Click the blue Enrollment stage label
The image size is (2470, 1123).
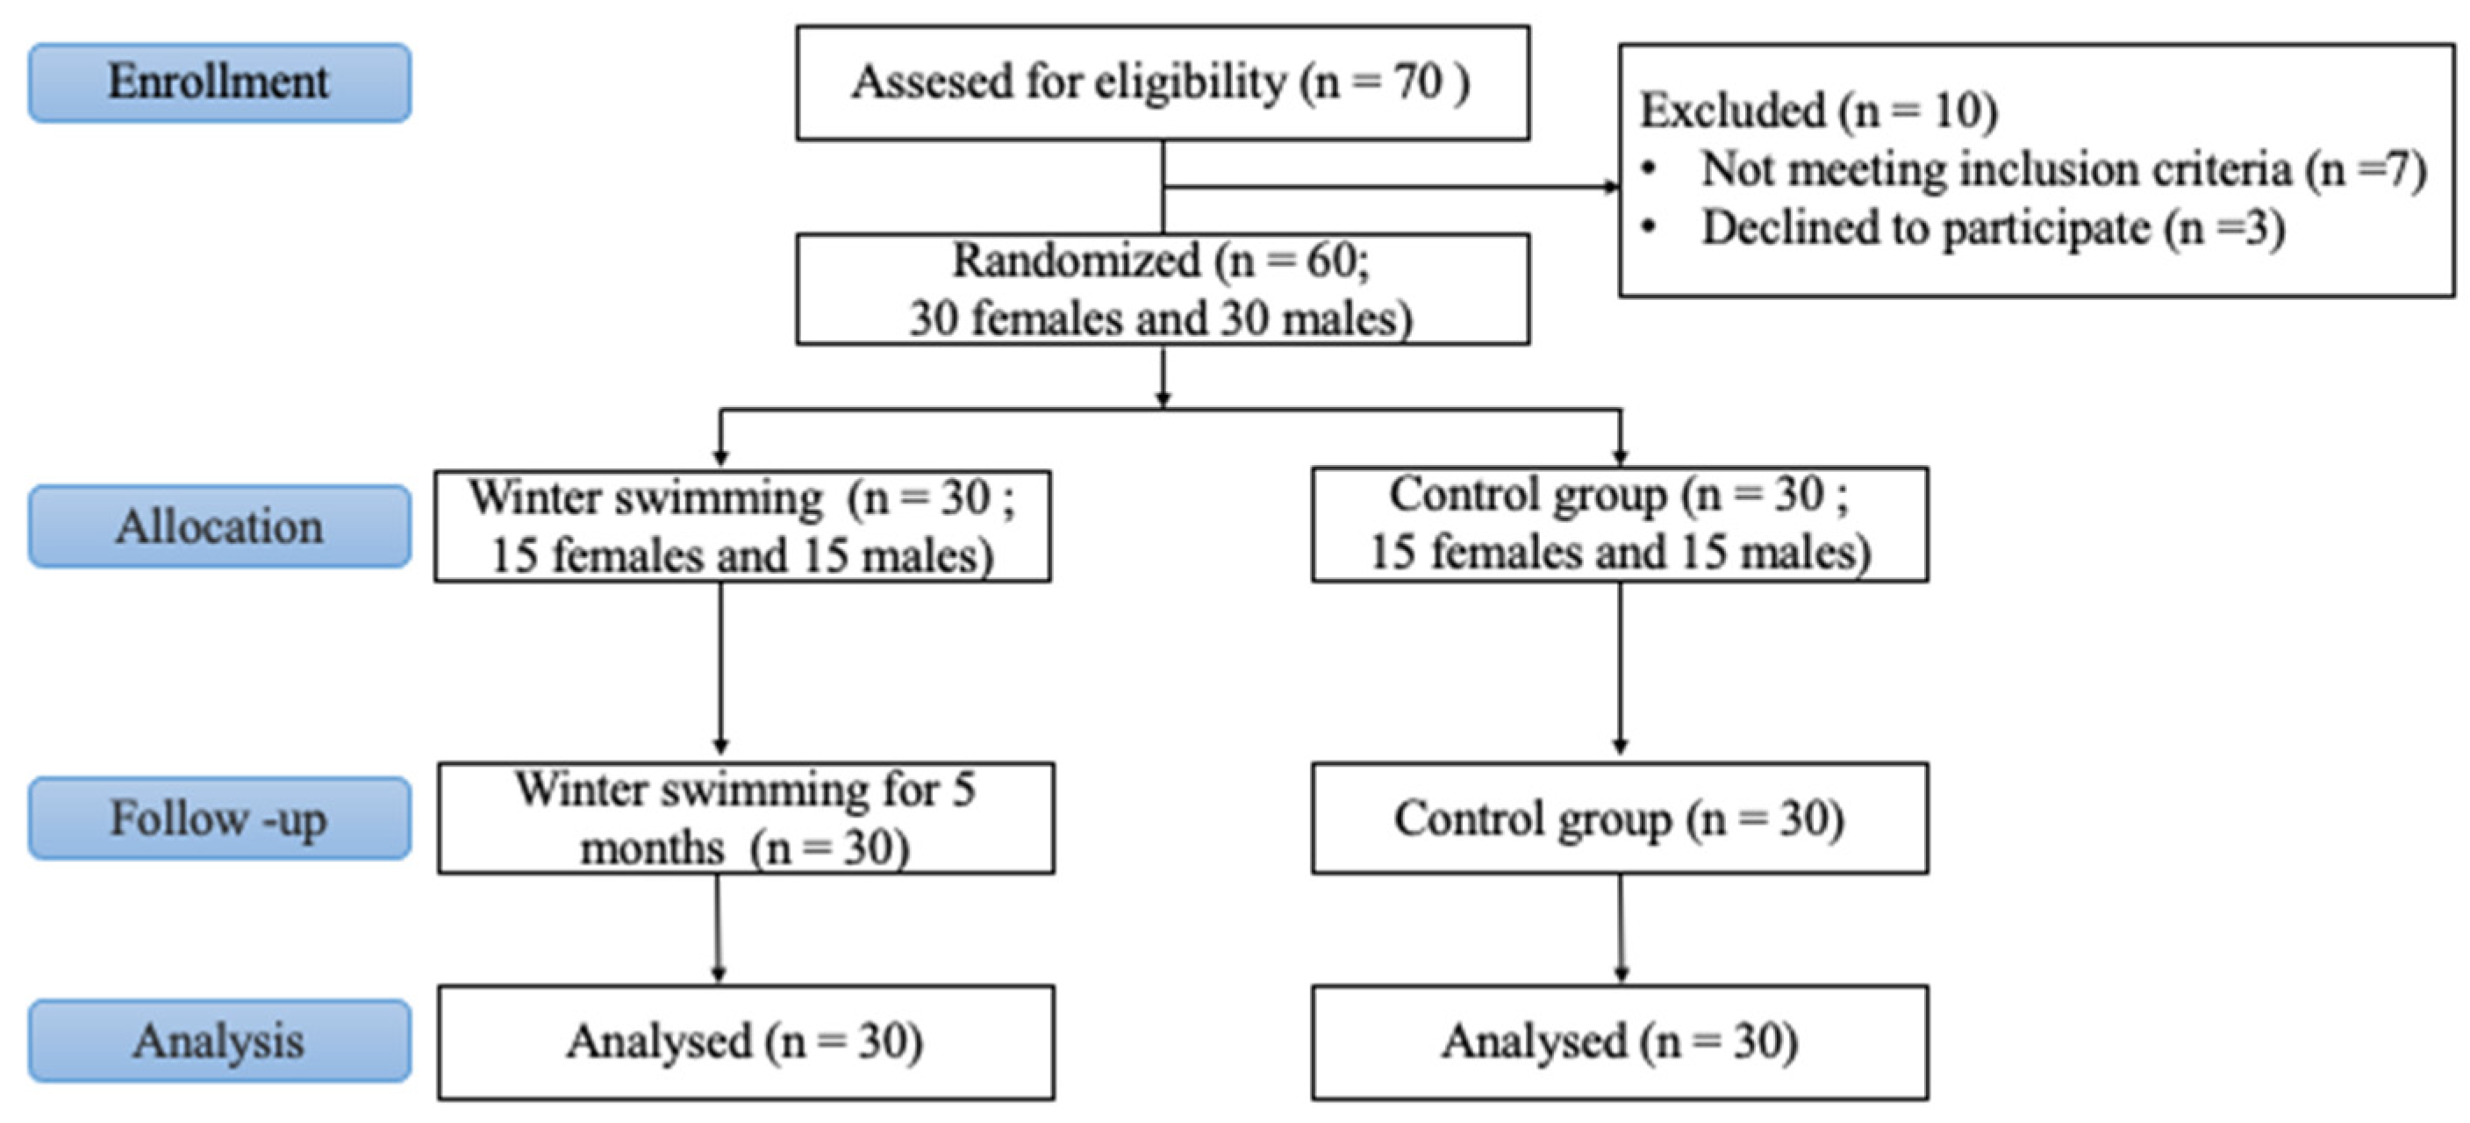click(219, 82)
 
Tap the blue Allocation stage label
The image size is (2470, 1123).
click(219, 526)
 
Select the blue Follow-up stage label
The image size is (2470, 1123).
click(219, 818)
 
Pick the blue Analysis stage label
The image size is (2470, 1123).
click(219, 1041)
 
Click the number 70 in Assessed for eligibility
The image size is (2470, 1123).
click(1417, 82)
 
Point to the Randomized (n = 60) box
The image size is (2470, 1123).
click(1162, 289)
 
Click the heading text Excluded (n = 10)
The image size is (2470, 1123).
click(1818, 111)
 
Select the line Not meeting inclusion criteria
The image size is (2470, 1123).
click(2061, 169)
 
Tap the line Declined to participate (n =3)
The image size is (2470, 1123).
click(1993, 228)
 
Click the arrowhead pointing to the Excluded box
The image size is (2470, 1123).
click(1611, 187)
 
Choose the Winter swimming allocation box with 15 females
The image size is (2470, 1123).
click(742, 526)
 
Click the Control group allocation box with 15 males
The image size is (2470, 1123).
click(1620, 524)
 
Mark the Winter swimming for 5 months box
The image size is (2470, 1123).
click(745, 818)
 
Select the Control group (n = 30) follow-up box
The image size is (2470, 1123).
click(1620, 818)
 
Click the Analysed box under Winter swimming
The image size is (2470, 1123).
click(745, 1041)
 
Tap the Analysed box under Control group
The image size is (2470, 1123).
click(1620, 1041)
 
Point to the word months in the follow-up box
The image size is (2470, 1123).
click(652, 848)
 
